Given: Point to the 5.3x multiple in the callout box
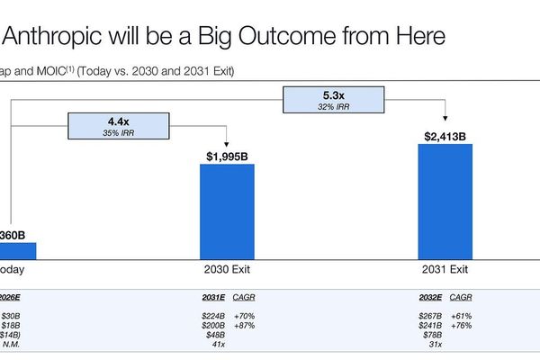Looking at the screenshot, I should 333,93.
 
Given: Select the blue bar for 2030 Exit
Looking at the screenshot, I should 226,211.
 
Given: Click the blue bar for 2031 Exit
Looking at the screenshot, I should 445,200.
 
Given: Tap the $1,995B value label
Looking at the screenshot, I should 226,156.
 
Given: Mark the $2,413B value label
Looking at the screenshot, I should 445,137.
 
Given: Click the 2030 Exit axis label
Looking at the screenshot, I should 226,269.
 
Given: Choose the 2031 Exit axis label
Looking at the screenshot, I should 445,269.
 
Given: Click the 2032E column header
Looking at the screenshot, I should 430,297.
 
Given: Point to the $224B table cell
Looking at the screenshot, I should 215,316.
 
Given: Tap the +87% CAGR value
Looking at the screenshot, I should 245,325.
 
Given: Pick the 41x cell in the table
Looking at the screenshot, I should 217,343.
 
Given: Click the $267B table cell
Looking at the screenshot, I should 431,316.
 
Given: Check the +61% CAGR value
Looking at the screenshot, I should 461,316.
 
